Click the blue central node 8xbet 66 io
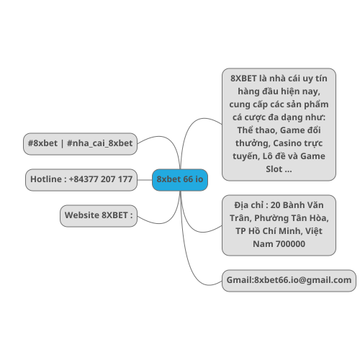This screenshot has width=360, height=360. pyautogui.click(x=180, y=180)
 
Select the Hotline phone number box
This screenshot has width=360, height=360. pyautogui.click(x=81, y=180)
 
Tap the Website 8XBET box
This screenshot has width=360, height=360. pyautogui.click(x=99, y=216)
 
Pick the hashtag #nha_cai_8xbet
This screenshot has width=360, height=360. pyautogui.click(x=99, y=143)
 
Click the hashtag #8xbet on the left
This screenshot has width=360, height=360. pyautogui.click(x=42, y=143)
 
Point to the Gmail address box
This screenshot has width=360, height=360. pyautogui.click(x=289, y=281)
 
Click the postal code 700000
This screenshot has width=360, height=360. pyautogui.click(x=290, y=244)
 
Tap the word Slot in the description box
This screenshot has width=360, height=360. pyautogui.click(x=274, y=169)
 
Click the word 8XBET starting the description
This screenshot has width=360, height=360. pyautogui.click(x=243, y=78)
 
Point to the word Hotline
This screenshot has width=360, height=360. pyautogui.click(x=46, y=179)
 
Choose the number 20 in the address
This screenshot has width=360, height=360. pyautogui.click(x=275, y=205)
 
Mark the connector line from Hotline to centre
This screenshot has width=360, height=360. pyautogui.click(x=145, y=180)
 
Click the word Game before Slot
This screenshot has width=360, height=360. pyautogui.click(x=312, y=156)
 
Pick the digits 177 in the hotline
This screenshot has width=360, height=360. pyautogui.click(x=125, y=179)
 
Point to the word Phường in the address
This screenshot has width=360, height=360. pyautogui.click(x=270, y=218)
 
